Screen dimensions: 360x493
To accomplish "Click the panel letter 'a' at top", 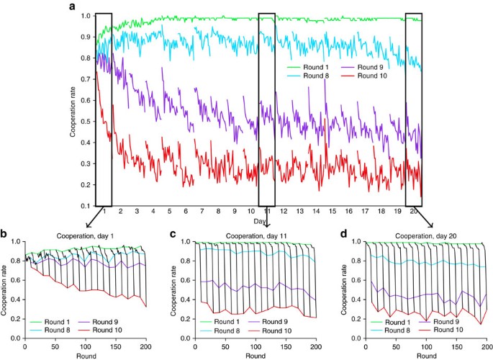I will (72, 6).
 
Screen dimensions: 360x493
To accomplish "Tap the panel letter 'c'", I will (173, 235).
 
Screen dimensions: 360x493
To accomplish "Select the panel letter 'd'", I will (341, 235).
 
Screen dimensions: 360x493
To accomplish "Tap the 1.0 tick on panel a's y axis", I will (86, 15).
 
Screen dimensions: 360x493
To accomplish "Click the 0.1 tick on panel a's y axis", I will (86, 206).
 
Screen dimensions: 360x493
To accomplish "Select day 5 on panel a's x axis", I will (169, 212).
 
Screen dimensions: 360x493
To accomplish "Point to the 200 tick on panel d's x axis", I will (481, 346).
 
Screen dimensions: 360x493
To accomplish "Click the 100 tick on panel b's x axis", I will (84, 346).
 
